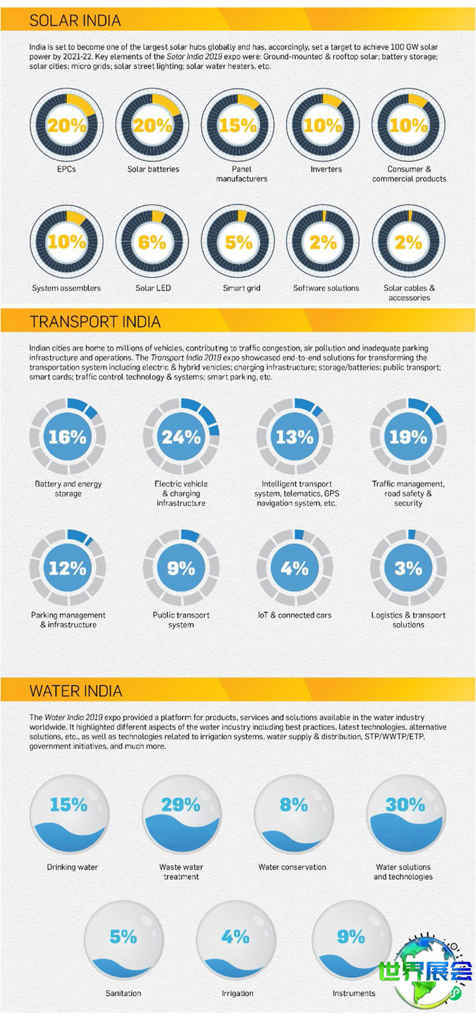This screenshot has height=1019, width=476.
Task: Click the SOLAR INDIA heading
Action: coord(75,21)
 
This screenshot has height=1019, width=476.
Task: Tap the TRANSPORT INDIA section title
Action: coord(95,322)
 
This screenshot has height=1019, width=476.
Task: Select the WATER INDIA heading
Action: coord(76,691)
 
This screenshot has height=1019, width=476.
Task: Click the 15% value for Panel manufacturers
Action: coord(238,126)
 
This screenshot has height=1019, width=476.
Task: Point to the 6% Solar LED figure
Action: coord(152,243)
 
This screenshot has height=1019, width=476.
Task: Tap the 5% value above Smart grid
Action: coord(238,243)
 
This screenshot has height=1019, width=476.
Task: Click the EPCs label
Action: coord(67,169)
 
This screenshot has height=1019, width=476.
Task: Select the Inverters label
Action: coord(326,169)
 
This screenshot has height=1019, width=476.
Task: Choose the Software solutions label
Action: coord(326,288)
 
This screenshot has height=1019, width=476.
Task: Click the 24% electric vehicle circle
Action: coord(181,437)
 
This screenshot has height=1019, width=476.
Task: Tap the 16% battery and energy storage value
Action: coord(67,437)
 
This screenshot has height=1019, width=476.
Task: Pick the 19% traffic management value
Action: coord(408,437)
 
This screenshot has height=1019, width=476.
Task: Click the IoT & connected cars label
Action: coord(294,615)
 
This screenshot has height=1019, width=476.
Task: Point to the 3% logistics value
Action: coord(408,568)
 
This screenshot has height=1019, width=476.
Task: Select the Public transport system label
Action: coord(181,620)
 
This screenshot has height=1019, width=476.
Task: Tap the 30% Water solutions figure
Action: coord(405,806)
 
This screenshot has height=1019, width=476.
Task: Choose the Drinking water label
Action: coord(72,867)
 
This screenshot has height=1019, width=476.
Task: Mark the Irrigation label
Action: coord(238,993)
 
